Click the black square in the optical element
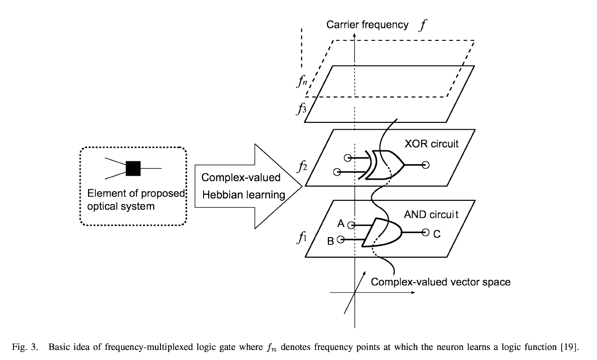coord(133,168)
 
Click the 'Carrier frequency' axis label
coord(367,25)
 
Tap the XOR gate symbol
coord(384,164)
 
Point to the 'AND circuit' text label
coord(431,214)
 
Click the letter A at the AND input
coord(341,224)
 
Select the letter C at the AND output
coord(437,234)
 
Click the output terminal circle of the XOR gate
coord(426,165)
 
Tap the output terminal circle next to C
coord(425,233)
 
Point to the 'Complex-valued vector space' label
coord(440,282)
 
